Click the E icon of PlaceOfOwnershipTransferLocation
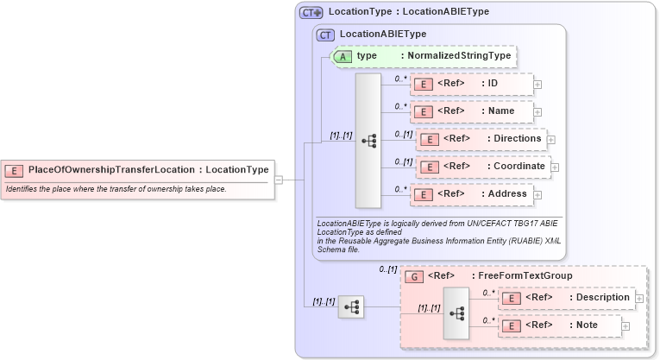[16, 170]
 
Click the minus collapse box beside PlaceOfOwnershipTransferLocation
[279, 180]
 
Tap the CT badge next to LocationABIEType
[326, 35]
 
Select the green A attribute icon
[343, 55]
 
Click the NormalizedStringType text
[459, 55]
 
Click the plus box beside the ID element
[537, 85]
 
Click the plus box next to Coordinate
[556, 167]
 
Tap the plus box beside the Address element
[537, 196]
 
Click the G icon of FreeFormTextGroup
[414, 276]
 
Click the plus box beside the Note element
[625, 326]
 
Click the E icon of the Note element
[512, 325]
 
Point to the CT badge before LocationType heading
[311, 13]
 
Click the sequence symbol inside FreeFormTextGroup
[455, 313]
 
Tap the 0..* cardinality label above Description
[488, 292]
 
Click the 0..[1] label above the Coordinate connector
[403, 161]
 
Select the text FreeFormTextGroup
[525, 276]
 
